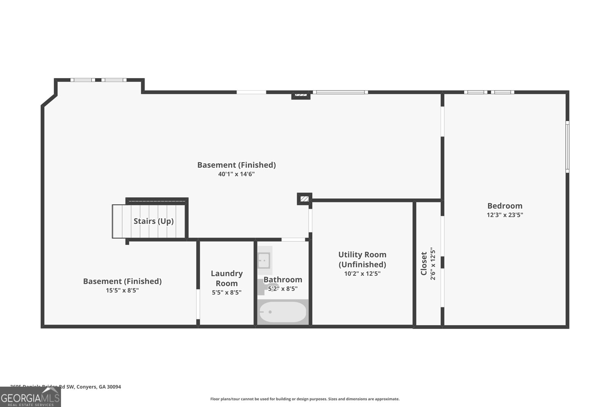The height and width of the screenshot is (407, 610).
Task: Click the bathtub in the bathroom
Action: point(283,312)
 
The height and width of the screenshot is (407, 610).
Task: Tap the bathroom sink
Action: point(263,261)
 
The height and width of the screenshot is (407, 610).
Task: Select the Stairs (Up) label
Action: point(154,221)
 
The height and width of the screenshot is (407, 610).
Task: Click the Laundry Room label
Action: point(227,278)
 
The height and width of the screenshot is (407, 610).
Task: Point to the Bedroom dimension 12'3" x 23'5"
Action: point(505,215)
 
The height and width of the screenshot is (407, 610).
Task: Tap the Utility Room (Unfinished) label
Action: point(362,259)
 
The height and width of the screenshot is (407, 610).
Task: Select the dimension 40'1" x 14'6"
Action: point(236,174)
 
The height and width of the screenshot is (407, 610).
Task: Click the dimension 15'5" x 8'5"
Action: point(122,290)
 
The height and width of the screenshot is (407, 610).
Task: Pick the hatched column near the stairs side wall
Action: point(304,199)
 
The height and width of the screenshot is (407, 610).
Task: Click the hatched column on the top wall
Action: point(301,95)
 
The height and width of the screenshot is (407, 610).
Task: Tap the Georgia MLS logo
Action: point(30,397)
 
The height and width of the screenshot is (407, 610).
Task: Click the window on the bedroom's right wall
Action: point(567,146)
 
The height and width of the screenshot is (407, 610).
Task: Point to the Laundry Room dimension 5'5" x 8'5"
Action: point(227,293)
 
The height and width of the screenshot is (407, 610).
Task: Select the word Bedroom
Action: point(505,206)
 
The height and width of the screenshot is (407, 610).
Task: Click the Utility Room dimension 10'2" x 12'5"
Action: point(362,273)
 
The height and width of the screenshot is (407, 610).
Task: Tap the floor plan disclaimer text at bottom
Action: point(305,399)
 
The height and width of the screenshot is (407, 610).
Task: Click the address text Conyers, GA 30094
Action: point(99,387)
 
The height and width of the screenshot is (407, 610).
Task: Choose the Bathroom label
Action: point(283,280)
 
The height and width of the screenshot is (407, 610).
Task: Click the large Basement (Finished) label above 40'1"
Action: point(236,165)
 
